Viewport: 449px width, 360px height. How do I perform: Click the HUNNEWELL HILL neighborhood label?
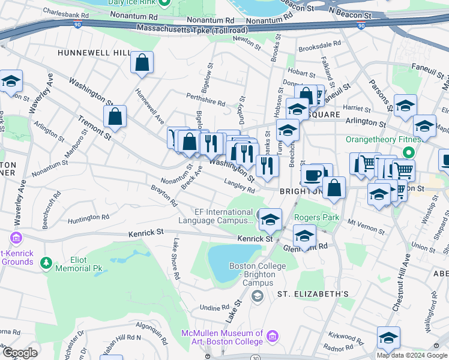pyautogui.click(x=94, y=53)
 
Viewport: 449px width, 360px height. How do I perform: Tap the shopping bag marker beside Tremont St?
pyautogui.click(x=115, y=116)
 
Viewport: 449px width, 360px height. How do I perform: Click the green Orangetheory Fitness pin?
pyautogui.click(x=410, y=152)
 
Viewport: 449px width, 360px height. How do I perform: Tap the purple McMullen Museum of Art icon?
pyautogui.click(x=273, y=336)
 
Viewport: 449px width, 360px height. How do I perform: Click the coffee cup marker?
pyautogui.click(x=312, y=175)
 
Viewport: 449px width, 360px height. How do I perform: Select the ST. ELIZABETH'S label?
pyautogui.click(x=313, y=294)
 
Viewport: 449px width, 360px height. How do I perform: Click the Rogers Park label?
pyautogui.click(x=316, y=217)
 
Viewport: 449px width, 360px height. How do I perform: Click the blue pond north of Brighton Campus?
pyautogui.click(x=225, y=262)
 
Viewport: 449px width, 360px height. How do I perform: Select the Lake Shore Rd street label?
pyautogui.click(x=176, y=259)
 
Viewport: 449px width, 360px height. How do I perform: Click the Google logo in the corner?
pyautogui.click(x=19, y=353)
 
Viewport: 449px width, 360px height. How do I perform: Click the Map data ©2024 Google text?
pyautogui.click(x=411, y=355)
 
